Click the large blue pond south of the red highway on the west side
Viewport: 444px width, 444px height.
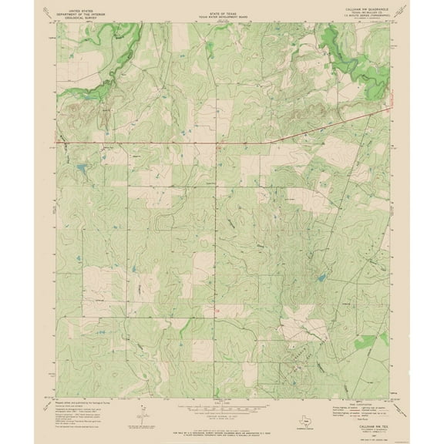coord(80,167)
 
